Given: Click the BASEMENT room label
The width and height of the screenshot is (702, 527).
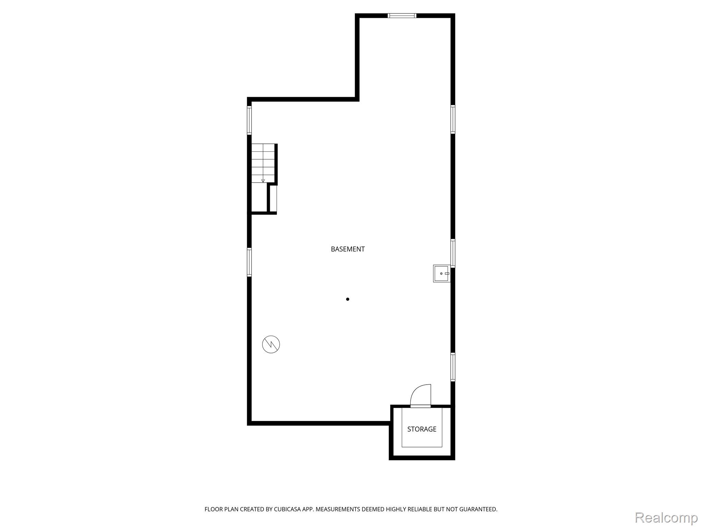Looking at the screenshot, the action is (348, 249).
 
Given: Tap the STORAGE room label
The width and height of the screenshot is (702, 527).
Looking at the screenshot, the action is (422, 429).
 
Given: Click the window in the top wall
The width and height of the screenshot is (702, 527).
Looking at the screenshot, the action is (402, 15).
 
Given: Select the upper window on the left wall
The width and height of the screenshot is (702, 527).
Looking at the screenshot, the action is (249, 120).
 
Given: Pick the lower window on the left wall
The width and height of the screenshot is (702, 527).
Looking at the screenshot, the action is (249, 262).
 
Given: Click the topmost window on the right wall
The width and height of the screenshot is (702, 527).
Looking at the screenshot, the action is (453, 119).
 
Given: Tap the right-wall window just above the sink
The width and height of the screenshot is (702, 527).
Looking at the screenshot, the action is (453, 253).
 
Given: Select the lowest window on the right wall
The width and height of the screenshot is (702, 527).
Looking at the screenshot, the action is (453, 367).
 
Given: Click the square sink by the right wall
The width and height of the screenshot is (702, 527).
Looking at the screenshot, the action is (441, 273).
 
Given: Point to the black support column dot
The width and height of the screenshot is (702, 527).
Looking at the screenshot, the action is (348, 299).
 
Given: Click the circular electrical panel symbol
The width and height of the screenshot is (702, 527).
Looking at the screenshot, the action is (271, 344).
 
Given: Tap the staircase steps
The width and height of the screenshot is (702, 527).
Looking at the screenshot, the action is (263, 163).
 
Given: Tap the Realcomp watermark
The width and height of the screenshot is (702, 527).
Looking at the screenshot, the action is (666, 518).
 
